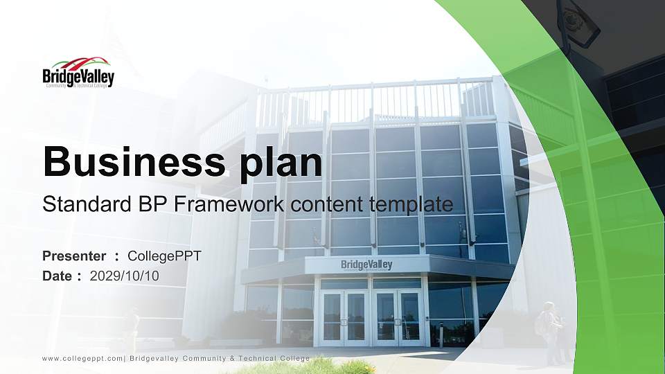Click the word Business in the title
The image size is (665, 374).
click(x=130, y=163)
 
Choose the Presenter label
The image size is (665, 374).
click(x=75, y=256)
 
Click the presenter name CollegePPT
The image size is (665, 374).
click(x=165, y=256)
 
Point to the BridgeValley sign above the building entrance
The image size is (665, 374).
click(x=366, y=265)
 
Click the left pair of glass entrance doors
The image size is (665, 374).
click(x=345, y=317)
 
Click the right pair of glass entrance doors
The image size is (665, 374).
click(x=398, y=317)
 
